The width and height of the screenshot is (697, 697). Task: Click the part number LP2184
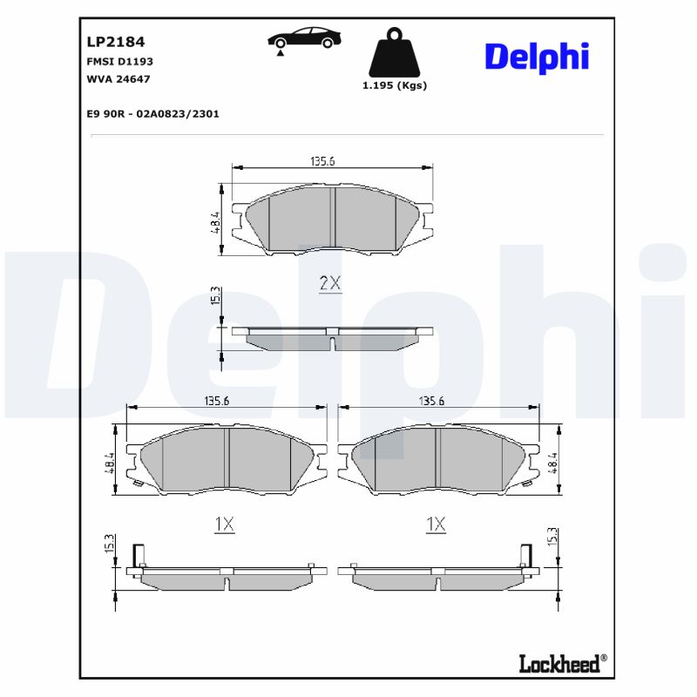(x=115, y=41)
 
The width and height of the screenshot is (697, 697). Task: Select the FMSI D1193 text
(x=120, y=62)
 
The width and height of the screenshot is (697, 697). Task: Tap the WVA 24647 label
(x=118, y=79)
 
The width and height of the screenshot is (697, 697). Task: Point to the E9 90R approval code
(x=152, y=113)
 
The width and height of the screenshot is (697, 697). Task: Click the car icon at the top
(x=304, y=39)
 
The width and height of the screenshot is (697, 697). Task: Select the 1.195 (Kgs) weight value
(x=394, y=85)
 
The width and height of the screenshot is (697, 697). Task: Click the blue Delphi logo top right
(x=536, y=57)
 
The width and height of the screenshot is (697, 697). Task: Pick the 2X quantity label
(x=330, y=283)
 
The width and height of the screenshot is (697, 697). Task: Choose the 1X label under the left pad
(x=224, y=524)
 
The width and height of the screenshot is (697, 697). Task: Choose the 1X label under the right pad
(x=436, y=524)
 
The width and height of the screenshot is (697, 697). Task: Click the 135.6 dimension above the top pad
(x=322, y=160)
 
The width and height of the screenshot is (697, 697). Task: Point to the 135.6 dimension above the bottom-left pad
(x=216, y=401)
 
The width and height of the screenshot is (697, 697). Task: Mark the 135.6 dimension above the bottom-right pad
(x=431, y=401)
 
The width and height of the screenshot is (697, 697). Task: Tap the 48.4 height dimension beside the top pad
(x=214, y=222)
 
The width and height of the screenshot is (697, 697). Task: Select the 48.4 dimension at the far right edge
(x=552, y=462)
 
